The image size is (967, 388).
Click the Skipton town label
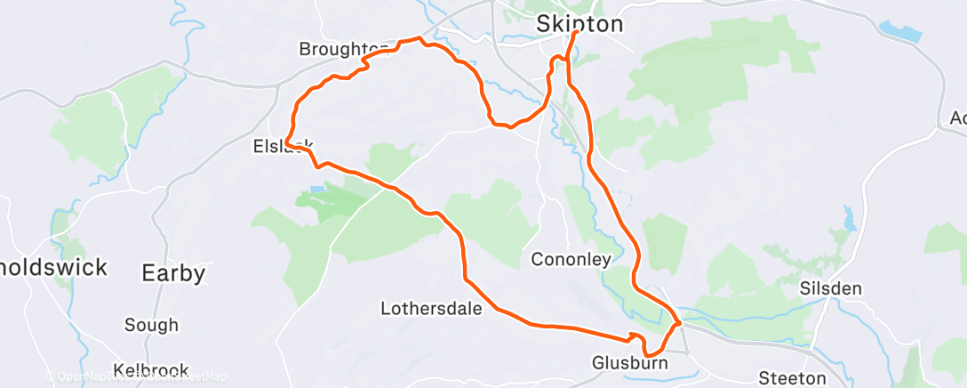point(579,24)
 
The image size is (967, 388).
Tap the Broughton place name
point(343,48)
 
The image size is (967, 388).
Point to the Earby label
point(173,272)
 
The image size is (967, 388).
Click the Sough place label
point(151,325)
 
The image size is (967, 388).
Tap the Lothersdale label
point(431,309)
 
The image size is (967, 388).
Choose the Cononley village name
point(571,260)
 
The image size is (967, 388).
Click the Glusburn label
point(629,363)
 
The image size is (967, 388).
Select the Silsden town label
point(831,289)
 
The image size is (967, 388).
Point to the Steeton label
point(791,377)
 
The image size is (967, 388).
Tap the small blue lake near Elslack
point(317,190)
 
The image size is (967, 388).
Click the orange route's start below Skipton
point(576,34)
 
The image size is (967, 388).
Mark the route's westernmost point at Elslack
point(286,142)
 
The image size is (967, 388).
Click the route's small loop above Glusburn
point(634,336)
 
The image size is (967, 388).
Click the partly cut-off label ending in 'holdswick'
point(53,266)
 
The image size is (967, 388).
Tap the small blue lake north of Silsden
point(849,216)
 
